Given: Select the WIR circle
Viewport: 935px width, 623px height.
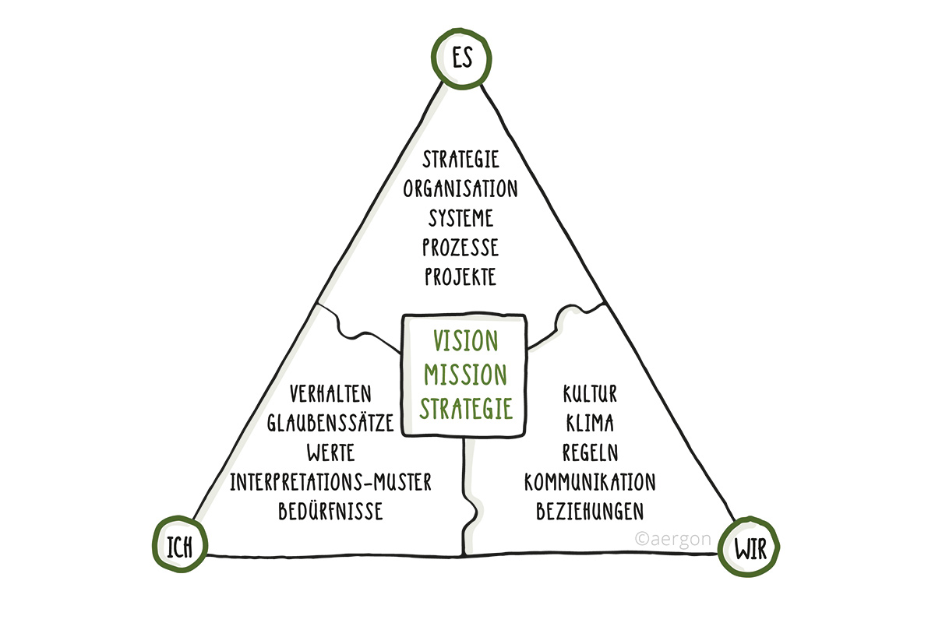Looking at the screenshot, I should (x=750, y=550).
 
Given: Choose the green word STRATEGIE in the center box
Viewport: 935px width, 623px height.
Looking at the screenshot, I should (x=466, y=408).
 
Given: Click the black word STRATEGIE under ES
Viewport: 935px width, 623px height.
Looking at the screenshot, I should (x=460, y=160).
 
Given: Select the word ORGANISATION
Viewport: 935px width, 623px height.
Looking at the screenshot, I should (x=460, y=189).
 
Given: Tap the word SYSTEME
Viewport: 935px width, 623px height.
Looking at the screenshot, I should (x=460, y=218).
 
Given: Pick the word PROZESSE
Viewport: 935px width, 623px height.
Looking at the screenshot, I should (x=460, y=248).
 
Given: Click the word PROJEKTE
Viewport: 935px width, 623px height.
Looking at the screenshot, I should (x=460, y=276).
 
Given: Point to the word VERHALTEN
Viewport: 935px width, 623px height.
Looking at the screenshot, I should (x=330, y=392).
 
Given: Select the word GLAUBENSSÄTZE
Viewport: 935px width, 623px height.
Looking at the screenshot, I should (x=330, y=422).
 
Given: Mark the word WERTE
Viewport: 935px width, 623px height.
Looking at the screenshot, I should (x=330, y=452).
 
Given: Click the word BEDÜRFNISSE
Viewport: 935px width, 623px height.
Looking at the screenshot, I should (x=330, y=512).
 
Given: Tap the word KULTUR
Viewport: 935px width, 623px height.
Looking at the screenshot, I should (x=590, y=393).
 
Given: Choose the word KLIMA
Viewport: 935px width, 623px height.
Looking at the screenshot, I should (x=590, y=423).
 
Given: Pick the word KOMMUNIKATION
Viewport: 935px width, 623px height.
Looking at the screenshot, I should (x=590, y=482).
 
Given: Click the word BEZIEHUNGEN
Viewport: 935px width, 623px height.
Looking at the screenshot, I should (x=590, y=512).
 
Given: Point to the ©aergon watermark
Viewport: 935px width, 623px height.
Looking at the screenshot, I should (x=671, y=537).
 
